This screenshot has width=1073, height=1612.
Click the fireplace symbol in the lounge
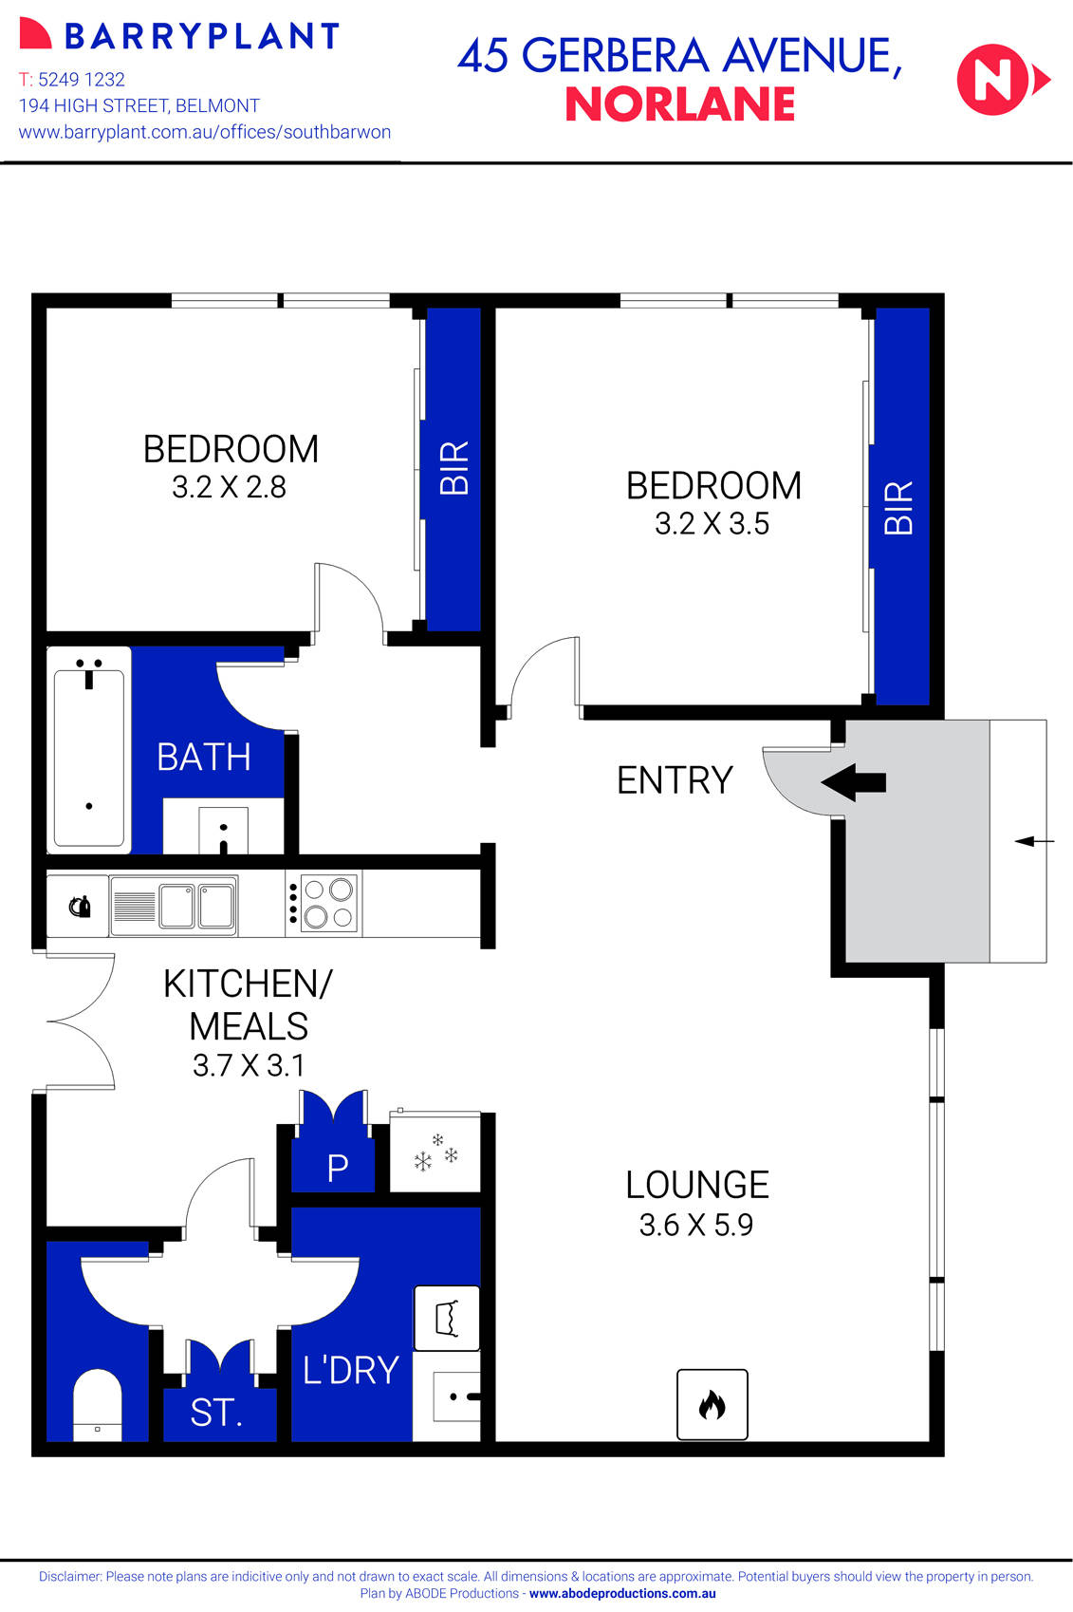coord(712,1404)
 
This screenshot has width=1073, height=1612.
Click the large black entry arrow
coord(853,782)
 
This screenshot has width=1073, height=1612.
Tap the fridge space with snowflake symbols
coord(435,1153)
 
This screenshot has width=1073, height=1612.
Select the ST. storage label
coord(216,1414)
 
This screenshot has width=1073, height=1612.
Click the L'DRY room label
coord(350,1370)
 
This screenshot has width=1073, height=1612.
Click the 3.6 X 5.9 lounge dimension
coord(695,1225)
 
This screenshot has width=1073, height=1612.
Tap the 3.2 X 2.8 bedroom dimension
coord(229,487)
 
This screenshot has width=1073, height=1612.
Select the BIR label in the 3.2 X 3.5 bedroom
coord(897,507)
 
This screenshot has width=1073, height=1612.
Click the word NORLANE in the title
coord(679,104)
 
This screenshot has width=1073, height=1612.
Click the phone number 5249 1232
coord(82,80)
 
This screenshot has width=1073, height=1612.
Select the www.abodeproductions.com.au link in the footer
coord(622,1594)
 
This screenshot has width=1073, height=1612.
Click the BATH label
coord(203,757)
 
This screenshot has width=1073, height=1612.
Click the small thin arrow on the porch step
coord(1033,841)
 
